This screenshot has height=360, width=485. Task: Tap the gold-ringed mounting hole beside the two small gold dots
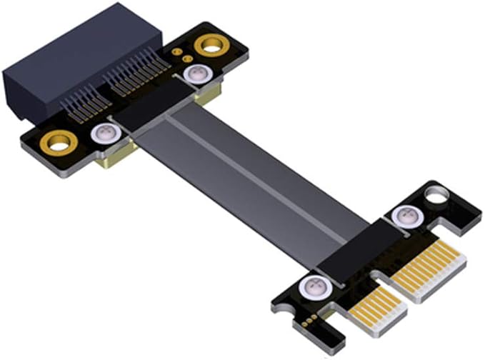click(211, 46)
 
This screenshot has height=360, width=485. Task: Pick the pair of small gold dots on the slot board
click(181, 54)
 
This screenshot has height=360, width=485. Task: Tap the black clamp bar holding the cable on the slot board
click(154, 107)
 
